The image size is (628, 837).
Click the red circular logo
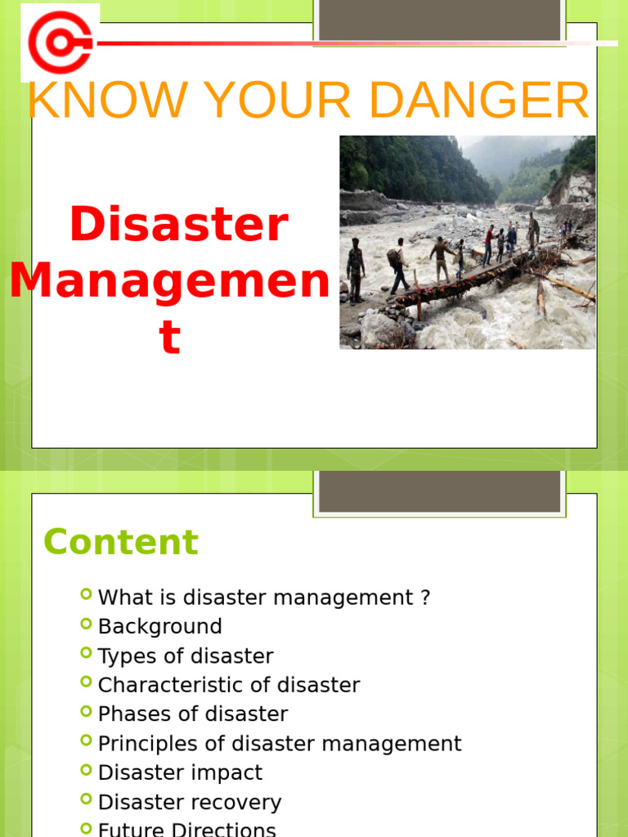(59, 42)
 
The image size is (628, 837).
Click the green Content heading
(121, 542)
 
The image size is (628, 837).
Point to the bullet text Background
(160, 627)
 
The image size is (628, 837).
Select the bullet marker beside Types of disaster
(87, 653)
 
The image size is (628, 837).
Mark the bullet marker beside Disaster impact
(87, 770)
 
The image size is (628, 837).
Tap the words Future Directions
(187, 829)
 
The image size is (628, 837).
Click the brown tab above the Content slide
(439, 490)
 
